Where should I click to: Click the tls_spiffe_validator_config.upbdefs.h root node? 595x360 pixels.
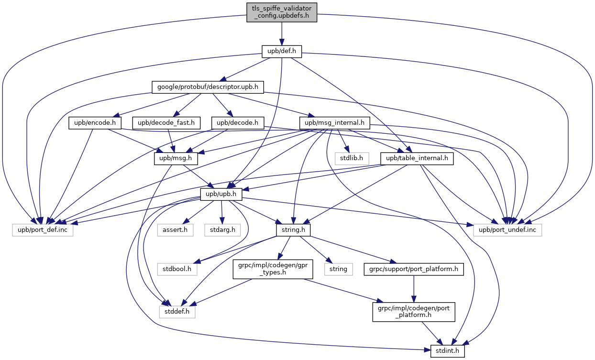point(282,12)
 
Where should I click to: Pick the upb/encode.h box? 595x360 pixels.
point(95,123)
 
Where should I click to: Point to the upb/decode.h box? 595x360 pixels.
point(238,123)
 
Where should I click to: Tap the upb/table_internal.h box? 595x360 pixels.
point(417,158)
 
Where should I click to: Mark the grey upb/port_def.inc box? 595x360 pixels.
point(43,230)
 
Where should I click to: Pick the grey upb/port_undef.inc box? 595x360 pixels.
point(508,230)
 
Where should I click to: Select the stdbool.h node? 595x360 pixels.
point(175,269)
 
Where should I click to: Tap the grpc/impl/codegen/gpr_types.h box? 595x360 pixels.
point(272,270)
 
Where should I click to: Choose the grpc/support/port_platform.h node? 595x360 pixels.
point(413,269)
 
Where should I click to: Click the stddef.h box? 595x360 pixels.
point(177,312)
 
